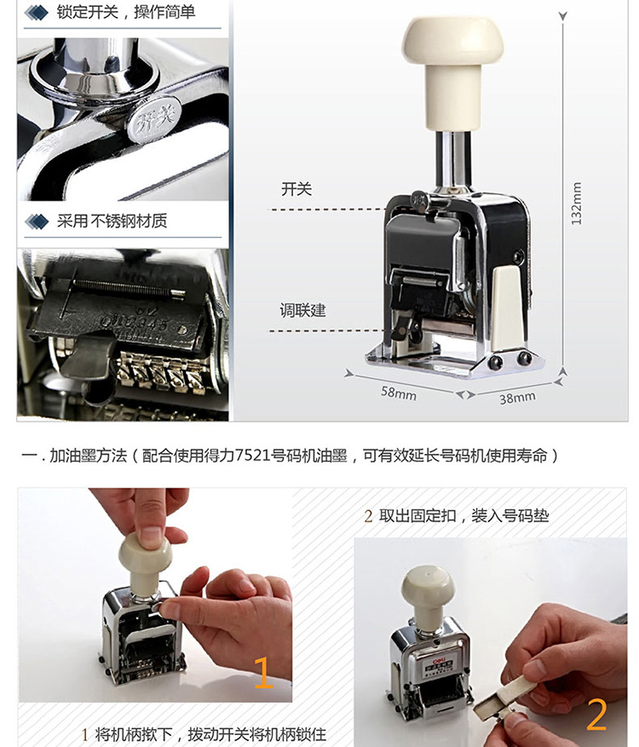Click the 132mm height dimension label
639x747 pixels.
[576, 203]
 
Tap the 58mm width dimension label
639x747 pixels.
[399, 394]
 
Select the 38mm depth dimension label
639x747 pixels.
[517, 397]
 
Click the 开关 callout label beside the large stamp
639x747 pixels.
[296, 189]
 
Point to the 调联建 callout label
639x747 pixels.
[303, 311]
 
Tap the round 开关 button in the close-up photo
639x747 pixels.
[153, 118]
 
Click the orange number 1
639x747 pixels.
[263, 673]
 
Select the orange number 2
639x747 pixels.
[596, 715]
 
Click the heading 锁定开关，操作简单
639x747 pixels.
[126, 12]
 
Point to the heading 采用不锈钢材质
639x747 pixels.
[112, 221]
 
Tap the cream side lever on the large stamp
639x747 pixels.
[508, 307]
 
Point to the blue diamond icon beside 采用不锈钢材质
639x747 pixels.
[37, 221]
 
